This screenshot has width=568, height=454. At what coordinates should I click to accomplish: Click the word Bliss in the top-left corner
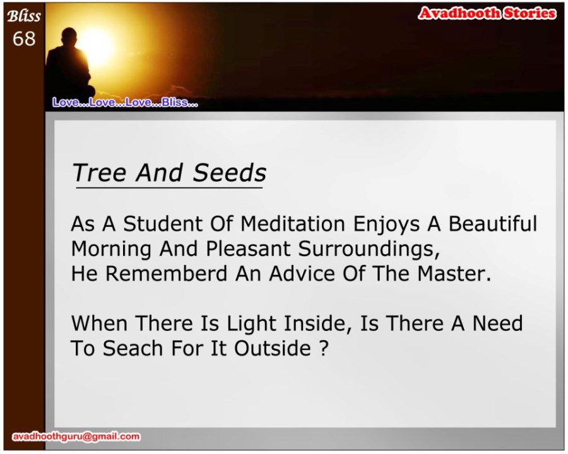pos(24,16)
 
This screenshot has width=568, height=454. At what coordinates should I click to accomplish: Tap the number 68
pos(24,38)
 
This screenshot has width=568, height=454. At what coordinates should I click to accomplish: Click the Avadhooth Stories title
pos(487,13)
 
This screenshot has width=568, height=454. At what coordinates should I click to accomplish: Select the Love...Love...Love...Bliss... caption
pos(125,102)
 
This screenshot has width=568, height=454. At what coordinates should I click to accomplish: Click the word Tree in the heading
pos(99,173)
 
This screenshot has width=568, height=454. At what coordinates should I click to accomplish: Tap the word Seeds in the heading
pos(229,173)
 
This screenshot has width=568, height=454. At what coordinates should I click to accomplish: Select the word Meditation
pos(293,224)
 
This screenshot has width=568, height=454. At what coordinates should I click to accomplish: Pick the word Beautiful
pos(493,224)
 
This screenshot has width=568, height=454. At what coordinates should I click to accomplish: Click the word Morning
pos(111,249)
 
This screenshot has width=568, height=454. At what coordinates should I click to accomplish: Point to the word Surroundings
pos(369,249)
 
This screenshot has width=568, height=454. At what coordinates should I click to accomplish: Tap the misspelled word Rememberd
pos(166,273)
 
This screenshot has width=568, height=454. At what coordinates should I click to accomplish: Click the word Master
pos(454,273)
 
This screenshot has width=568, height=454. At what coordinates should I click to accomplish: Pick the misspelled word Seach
pos(133,348)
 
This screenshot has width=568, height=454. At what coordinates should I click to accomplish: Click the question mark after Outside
pos(324,348)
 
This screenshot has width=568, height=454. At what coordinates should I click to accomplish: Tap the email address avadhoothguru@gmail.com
pos(76,436)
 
